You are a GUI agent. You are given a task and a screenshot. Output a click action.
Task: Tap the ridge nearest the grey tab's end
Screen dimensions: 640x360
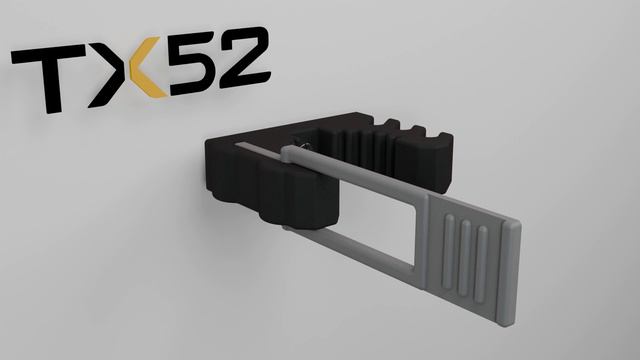481,264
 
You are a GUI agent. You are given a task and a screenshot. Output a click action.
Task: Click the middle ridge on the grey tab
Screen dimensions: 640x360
465,257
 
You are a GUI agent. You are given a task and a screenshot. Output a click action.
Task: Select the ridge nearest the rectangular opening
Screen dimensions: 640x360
449,250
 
